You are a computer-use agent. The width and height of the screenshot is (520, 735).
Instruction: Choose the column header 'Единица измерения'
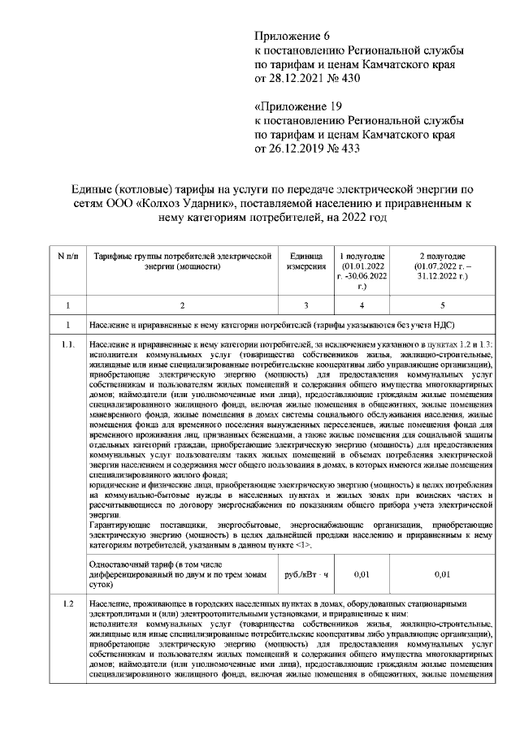(x=306, y=261)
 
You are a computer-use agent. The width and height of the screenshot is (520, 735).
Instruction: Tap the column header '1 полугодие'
(x=362, y=255)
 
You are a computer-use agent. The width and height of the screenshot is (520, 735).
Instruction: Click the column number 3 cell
(x=306, y=305)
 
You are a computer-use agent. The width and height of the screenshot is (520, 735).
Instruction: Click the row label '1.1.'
(x=68, y=345)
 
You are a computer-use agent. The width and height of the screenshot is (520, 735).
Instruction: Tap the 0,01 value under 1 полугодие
(x=362, y=574)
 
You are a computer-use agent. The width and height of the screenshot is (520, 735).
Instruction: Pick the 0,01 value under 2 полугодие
(x=441, y=574)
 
